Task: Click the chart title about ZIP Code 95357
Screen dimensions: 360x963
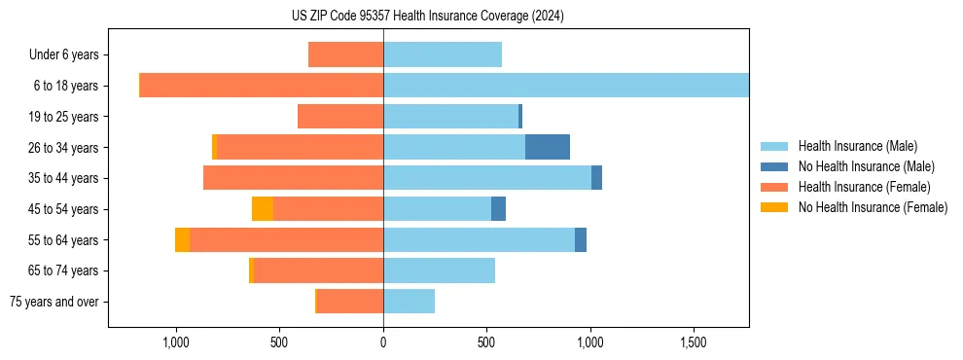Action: coord(427,16)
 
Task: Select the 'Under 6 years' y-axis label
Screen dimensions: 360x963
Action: coord(69,54)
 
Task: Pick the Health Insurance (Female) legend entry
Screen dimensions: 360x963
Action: coord(864,187)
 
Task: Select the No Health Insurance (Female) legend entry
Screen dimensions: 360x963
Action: coord(873,207)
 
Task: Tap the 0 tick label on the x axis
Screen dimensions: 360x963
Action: coord(383,343)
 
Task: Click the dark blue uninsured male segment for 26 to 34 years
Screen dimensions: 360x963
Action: coord(548,147)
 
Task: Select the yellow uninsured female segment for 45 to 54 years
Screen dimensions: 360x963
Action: coord(263,208)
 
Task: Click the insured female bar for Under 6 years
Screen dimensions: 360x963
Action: coord(346,54)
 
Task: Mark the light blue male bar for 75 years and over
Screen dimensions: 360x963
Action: coord(410,302)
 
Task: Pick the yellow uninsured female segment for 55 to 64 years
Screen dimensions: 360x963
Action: coord(183,240)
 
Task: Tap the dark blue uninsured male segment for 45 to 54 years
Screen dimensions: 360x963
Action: coord(498,208)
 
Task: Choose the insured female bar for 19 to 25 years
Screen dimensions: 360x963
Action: coord(340,117)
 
